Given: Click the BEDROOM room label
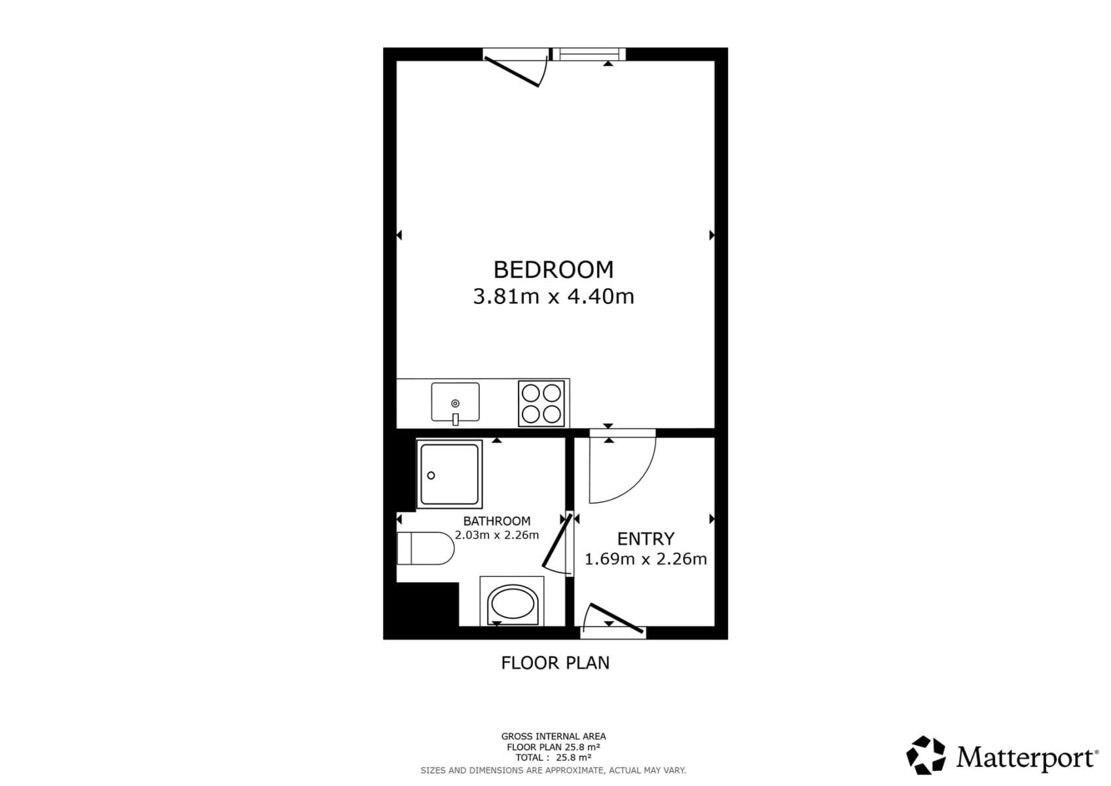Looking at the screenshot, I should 553,270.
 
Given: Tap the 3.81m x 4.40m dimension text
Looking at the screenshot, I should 553,297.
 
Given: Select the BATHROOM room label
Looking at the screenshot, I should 496,521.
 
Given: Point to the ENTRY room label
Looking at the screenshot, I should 646,539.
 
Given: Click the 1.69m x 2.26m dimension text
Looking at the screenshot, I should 646,559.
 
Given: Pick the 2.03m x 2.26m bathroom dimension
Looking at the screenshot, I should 497,535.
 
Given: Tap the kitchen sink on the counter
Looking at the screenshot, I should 455,402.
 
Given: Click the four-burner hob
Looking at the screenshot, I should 541,403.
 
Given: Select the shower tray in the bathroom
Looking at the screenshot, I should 449,474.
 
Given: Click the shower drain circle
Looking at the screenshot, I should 431,476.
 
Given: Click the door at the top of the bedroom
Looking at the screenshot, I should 515,69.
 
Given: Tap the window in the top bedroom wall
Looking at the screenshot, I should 589,54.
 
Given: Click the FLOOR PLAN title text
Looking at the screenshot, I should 555,664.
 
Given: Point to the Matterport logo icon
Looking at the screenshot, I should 926,755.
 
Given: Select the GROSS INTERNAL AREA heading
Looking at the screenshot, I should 553,736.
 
